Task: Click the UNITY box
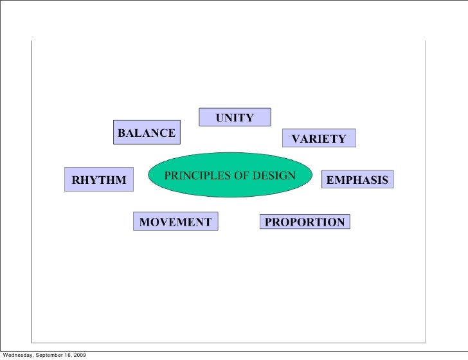[x=235, y=117]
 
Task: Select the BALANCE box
[x=146, y=133]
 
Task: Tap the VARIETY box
[x=319, y=138]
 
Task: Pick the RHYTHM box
[x=99, y=180]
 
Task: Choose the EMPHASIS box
[x=357, y=180]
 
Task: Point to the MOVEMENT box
[x=175, y=222]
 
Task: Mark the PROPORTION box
[x=305, y=222]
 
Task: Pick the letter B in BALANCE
[x=120, y=134]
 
